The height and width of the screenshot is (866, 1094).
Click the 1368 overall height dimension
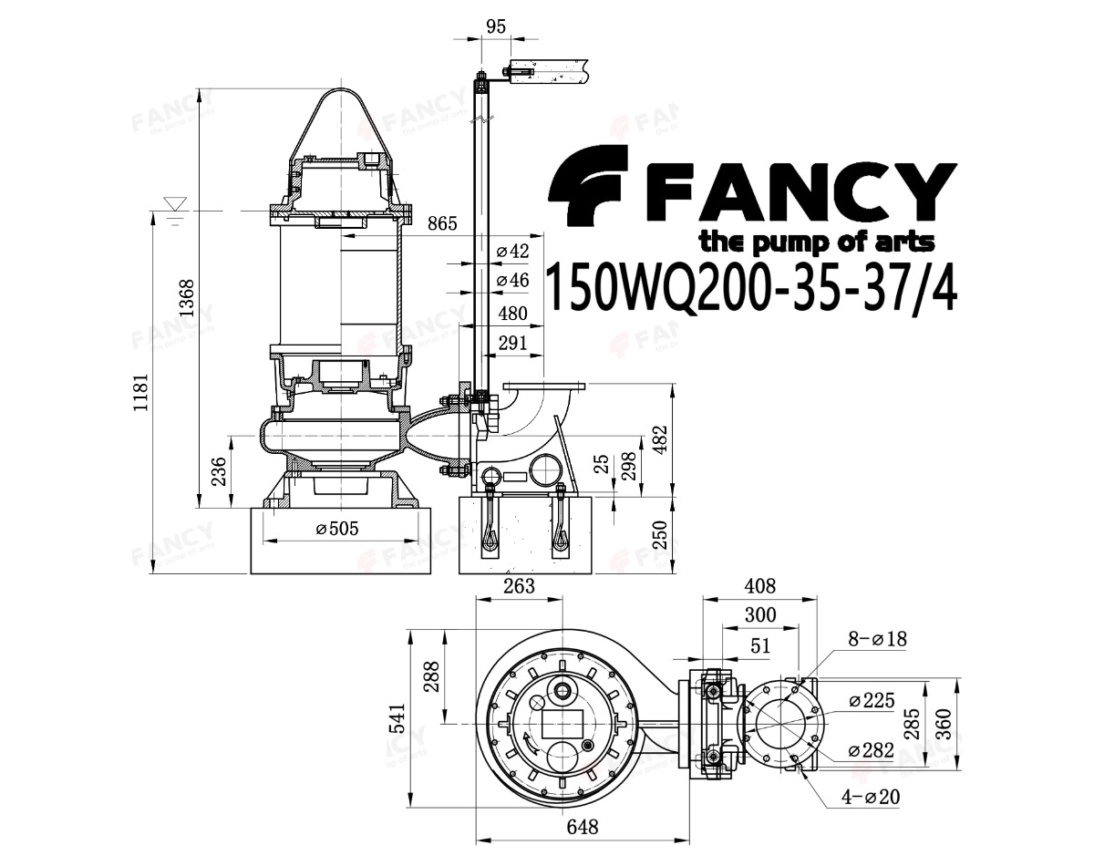[x=187, y=297]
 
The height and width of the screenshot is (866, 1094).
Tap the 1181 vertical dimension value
[x=140, y=392]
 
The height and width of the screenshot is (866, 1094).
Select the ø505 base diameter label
[x=337, y=529]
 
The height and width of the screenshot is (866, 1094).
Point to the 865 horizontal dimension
[x=442, y=223]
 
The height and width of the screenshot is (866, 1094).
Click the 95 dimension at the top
[x=496, y=26]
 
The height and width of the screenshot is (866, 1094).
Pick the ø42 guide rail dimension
[x=513, y=251]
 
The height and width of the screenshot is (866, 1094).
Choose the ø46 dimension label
[x=513, y=280]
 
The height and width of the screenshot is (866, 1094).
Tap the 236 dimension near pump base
[x=219, y=471]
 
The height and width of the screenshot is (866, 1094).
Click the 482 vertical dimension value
[x=659, y=440]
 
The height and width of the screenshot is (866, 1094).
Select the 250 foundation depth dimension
[x=659, y=534]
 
